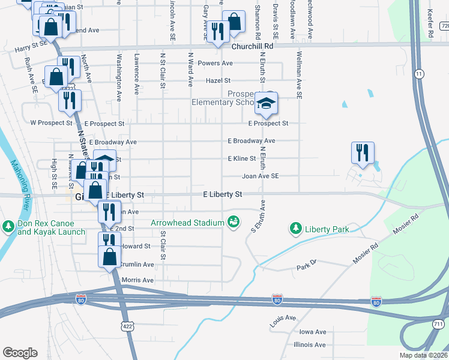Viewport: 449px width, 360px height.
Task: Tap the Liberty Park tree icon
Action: click(x=295, y=228)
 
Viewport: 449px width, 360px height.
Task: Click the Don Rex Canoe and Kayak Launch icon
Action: click(x=8, y=227)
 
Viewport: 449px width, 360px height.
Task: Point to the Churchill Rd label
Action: click(x=252, y=46)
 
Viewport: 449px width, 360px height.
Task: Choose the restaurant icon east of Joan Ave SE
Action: click(x=362, y=152)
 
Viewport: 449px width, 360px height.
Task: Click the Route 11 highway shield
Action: click(x=419, y=73)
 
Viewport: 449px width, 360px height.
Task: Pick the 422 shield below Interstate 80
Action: click(x=127, y=326)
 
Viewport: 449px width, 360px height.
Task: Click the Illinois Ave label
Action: click(x=310, y=345)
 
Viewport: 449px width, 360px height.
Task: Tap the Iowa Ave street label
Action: click(x=313, y=332)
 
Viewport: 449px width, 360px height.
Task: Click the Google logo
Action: click(x=20, y=353)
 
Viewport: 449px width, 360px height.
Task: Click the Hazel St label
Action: click(x=218, y=80)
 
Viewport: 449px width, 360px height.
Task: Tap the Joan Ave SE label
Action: click(x=260, y=176)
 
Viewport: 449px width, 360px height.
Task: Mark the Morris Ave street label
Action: click(x=137, y=280)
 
